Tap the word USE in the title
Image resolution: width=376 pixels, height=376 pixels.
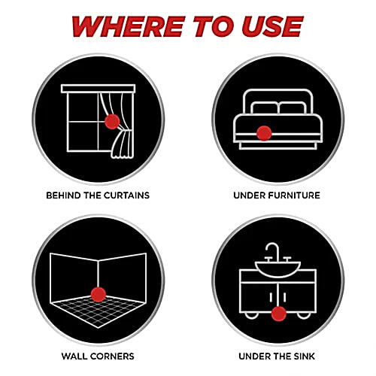(272, 26)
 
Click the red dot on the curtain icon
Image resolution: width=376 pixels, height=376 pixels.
(112, 122)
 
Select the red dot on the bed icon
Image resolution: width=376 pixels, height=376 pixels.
(264, 133)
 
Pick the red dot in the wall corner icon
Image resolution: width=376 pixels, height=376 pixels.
(99, 295)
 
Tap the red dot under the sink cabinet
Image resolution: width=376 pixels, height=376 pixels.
(278, 314)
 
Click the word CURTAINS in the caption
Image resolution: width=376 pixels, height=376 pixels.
(126, 196)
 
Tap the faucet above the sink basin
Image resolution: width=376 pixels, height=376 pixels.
(272, 252)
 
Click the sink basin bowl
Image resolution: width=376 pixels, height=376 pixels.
(277, 269)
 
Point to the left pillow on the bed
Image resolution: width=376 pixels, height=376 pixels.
(265, 108)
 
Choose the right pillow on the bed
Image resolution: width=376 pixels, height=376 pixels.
(293, 108)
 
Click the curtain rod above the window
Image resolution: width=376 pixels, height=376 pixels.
(98, 89)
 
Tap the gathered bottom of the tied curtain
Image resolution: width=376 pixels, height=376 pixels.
(123, 145)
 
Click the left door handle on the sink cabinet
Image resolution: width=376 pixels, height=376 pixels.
(271, 297)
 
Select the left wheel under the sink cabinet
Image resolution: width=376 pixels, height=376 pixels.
(251, 316)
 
